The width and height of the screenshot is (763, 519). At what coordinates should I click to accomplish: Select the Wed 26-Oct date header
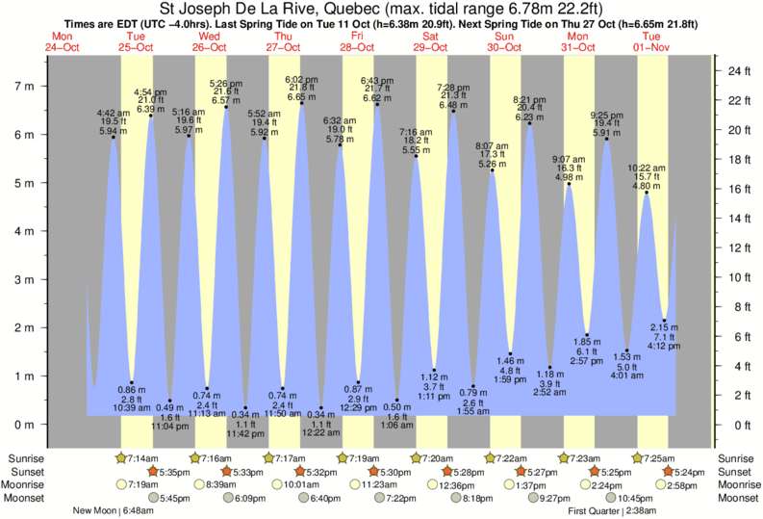[x=209, y=41]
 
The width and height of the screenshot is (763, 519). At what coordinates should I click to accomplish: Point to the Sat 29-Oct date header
[x=430, y=41]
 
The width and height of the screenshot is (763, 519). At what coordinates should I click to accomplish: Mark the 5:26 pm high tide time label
[x=226, y=83]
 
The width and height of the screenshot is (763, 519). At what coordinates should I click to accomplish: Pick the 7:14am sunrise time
[x=140, y=457]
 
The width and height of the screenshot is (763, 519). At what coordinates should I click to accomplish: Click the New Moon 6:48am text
[x=114, y=511]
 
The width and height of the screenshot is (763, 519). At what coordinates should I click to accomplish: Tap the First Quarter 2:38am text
[x=612, y=511]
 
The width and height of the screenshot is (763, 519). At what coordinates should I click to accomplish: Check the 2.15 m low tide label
[x=665, y=328]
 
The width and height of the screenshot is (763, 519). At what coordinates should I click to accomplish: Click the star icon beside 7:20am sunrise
[x=417, y=457]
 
